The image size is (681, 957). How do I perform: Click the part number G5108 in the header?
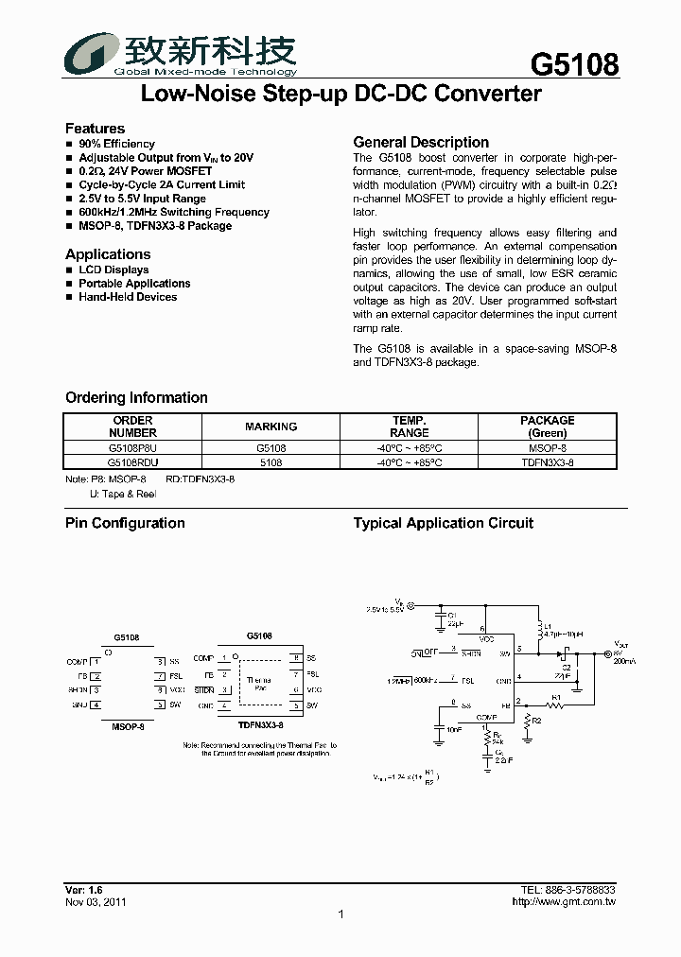pyautogui.click(x=574, y=64)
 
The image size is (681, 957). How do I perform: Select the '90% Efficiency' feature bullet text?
pyautogui.click(x=116, y=144)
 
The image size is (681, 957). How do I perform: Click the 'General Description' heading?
pyautogui.click(x=421, y=142)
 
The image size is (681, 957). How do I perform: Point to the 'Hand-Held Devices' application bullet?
pyautogui.click(x=128, y=297)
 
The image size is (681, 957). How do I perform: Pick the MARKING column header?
pyautogui.click(x=271, y=426)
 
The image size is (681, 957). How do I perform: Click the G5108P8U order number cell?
pyautogui.click(x=132, y=448)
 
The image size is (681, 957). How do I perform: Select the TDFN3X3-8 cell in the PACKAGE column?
pyautogui.click(x=547, y=461)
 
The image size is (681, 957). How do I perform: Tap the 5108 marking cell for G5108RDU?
pyautogui.click(x=271, y=461)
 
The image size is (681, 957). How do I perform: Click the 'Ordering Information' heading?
pyautogui.click(x=136, y=398)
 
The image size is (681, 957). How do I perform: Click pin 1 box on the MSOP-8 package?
pyautogui.click(x=96, y=662)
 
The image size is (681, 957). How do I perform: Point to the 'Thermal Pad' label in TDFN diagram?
pyautogui.click(x=258, y=684)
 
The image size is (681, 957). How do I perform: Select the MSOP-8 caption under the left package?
pyautogui.click(x=127, y=726)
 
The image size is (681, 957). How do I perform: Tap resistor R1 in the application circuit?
pyautogui.click(x=556, y=706)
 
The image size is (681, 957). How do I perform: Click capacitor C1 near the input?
pyautogui.click(x=440, y=620)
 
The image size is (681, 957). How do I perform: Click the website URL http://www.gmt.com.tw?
pyautogui.click(x=564, y=902)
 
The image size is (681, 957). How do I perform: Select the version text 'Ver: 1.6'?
pyautogui.click(x=83, y=890)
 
